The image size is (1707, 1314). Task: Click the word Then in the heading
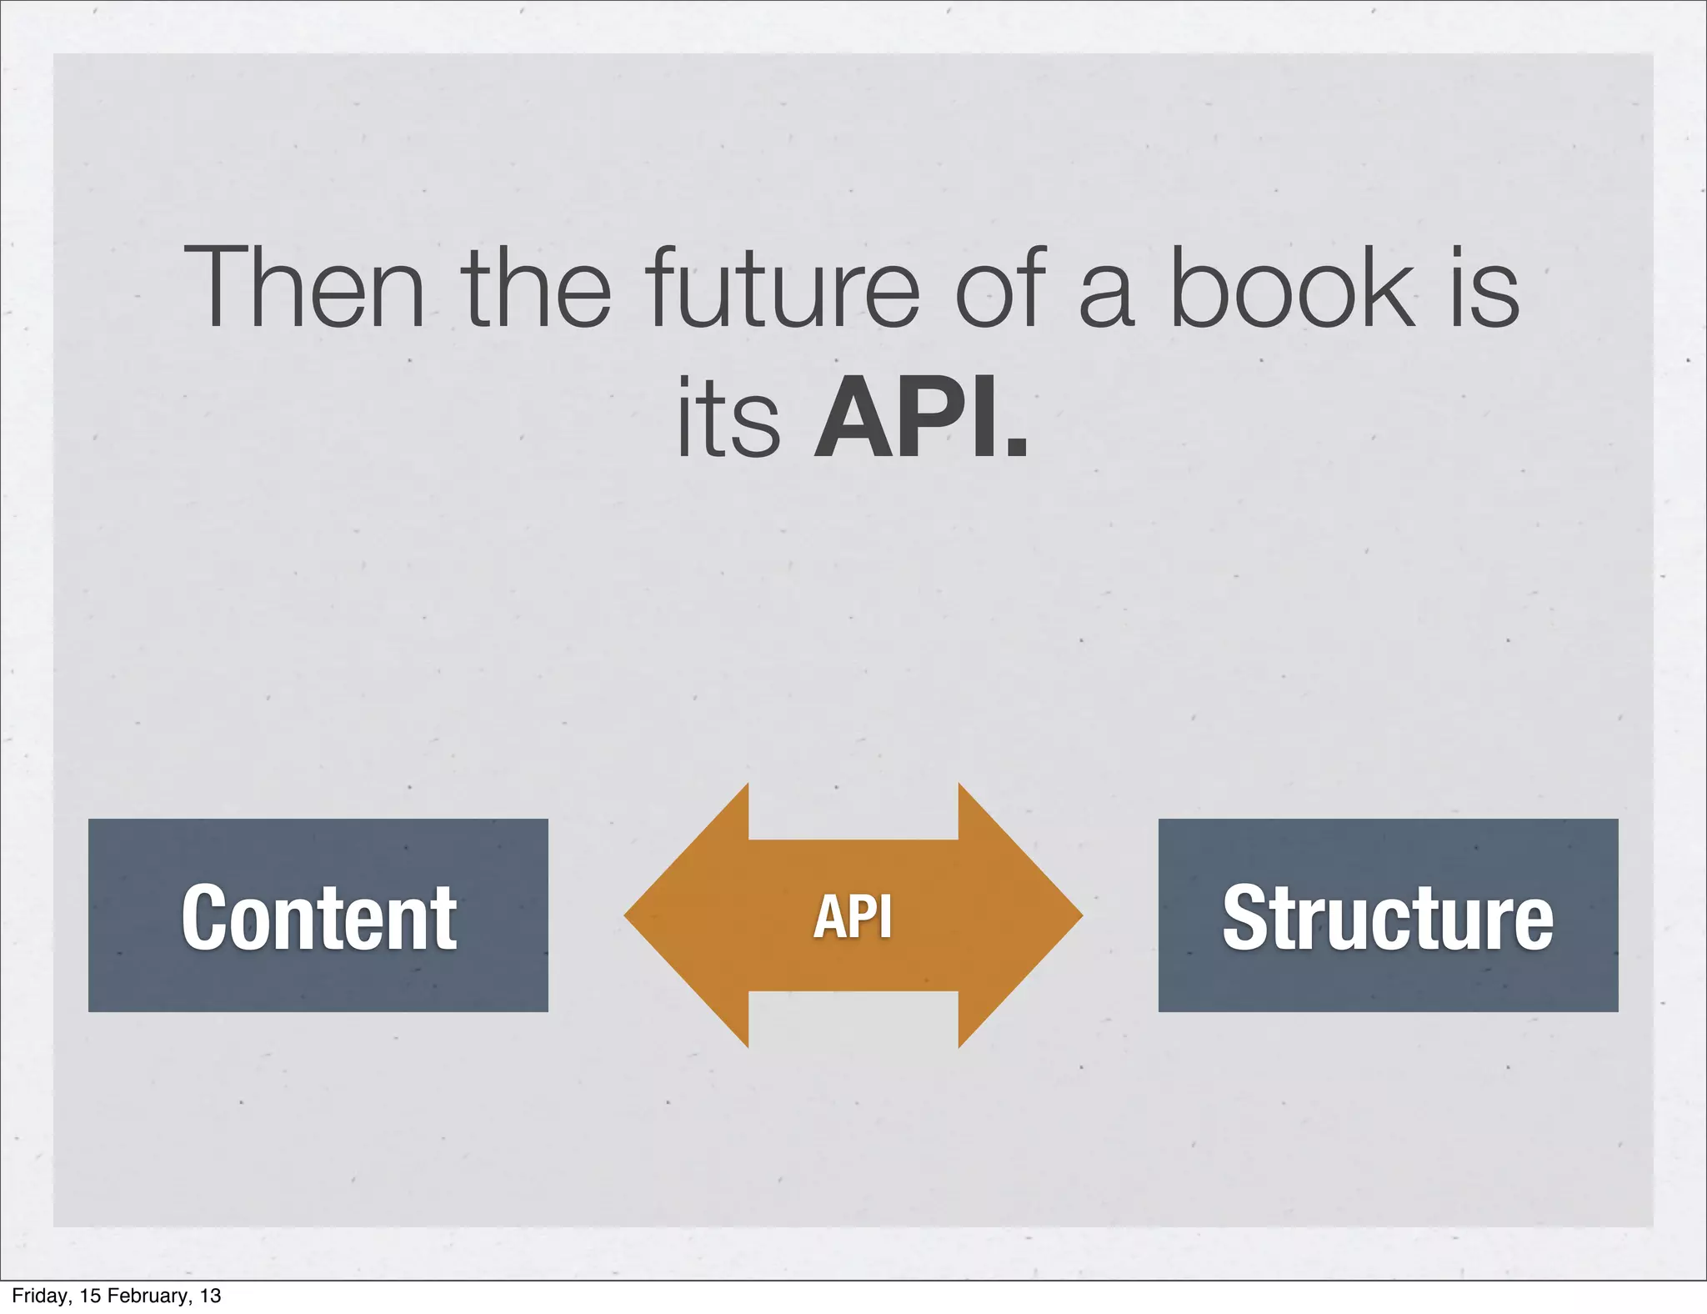pos(303,287)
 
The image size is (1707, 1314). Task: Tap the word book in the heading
pos(1293,287)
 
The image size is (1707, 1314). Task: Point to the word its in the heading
pos(728,419)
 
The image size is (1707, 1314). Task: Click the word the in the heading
pos(536,287)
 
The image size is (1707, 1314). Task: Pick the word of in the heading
pos(999,287)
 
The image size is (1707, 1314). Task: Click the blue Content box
pos(318,915)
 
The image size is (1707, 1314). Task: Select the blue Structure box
pos(1388,915)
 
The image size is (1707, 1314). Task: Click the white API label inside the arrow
pos(853,916)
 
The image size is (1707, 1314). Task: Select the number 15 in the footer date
pos(89,1296)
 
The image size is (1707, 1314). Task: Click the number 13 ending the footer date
pos(211,1296)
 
